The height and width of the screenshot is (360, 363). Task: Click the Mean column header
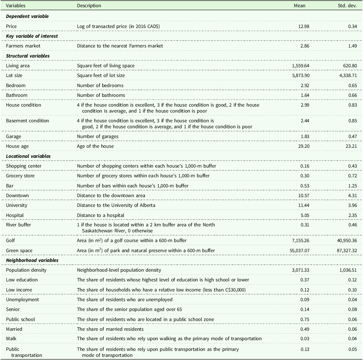pyautogui.click(x=299, y=6)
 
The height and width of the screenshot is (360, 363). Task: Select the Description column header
pyautogui.click(x=89, y=6)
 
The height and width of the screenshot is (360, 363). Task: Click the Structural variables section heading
pyautogui.click(x=28, y=56)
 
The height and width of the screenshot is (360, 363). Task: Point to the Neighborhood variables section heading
pyautogui.click(x=32, y=260)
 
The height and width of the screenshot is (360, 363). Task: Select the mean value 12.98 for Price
pyautogui.click(x=304, y=26)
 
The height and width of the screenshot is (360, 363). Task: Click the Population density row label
pyautogui.click(x=26, y=270)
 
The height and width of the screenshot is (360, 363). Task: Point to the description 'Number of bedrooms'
pyautogui.click(x=100, y=86)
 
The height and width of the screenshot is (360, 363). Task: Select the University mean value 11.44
pyautogui.click(x=304, y=205)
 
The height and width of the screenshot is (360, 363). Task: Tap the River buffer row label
pyautogui.click(x=19, y=225)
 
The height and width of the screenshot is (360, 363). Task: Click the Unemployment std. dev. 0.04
pyautogui.click(x=352, y=300)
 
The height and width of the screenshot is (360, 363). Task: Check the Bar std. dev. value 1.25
pyautogui.click(x=352, y=186)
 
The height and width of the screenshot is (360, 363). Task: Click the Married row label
pyautogui.click(x=14, y=329)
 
